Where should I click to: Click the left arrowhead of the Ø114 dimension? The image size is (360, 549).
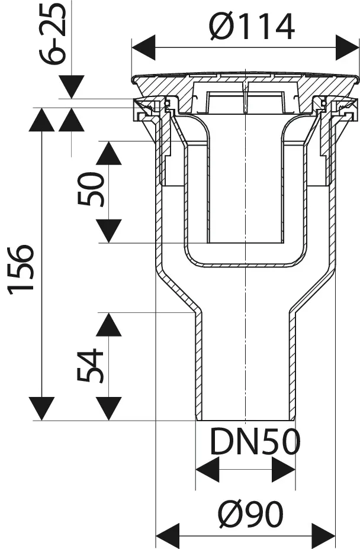(142, 47)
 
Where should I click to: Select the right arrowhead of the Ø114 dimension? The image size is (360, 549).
(348, 47)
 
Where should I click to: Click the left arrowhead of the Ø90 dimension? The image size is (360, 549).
(168, 535)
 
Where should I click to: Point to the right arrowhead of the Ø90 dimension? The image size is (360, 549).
(323, 535)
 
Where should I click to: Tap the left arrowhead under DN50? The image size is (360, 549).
(207, 470)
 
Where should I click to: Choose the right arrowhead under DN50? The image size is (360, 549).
(283, 470)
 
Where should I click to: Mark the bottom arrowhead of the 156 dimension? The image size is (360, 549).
(41, 408)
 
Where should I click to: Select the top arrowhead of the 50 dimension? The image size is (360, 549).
(109, 153)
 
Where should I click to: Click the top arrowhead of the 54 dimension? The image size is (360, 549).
(109, 325)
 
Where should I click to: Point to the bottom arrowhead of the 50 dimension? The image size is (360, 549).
(109, 231)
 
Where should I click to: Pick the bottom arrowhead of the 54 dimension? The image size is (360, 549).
(109, 408)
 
